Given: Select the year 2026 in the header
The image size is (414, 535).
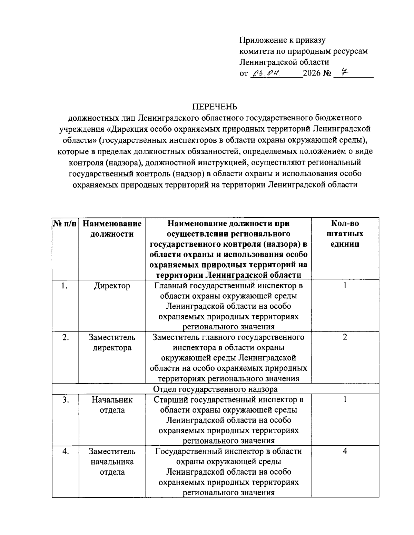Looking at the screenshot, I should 312,73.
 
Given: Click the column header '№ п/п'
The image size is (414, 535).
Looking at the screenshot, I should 65,224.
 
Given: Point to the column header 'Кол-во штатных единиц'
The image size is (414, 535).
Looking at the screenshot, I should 345,234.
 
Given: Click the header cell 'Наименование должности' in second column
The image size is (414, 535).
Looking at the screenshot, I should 112,229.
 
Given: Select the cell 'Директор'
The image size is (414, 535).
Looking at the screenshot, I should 112,286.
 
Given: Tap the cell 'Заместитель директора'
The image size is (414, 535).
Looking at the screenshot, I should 112,342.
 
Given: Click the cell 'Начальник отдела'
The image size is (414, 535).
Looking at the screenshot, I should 112,405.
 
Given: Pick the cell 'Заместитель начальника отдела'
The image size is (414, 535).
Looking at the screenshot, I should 112,462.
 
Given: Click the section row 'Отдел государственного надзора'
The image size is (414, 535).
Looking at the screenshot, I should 215,389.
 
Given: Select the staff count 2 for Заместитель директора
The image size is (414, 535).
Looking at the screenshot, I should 345,337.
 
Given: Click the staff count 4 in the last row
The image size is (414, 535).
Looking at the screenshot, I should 345,451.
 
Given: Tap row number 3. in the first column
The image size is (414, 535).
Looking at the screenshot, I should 65,400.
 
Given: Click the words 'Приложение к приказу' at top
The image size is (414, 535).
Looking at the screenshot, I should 283,40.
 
